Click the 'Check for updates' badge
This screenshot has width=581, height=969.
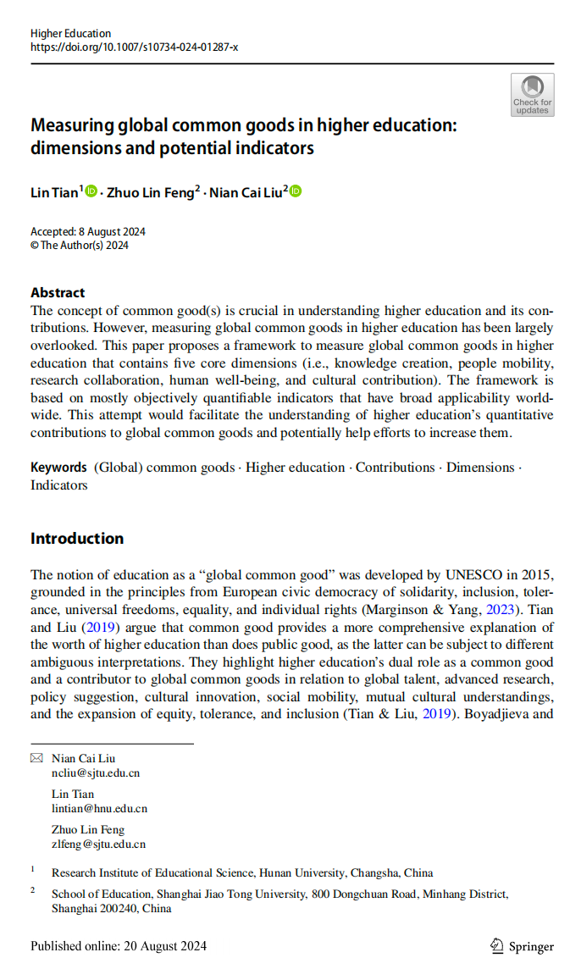533,94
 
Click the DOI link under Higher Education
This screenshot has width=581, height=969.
134,47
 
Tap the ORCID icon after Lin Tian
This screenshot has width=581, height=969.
91,191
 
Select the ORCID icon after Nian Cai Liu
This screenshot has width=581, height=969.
296,191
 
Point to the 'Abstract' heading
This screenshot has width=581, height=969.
58,292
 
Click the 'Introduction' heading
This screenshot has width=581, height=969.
77,539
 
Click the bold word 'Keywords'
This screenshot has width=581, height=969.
58,468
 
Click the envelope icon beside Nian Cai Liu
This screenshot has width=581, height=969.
36,759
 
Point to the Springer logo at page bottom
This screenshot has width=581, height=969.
522,946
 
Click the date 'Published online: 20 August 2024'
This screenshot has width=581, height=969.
119,946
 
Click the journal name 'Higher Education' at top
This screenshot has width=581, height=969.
70,34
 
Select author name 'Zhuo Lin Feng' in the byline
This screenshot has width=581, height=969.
151,192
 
